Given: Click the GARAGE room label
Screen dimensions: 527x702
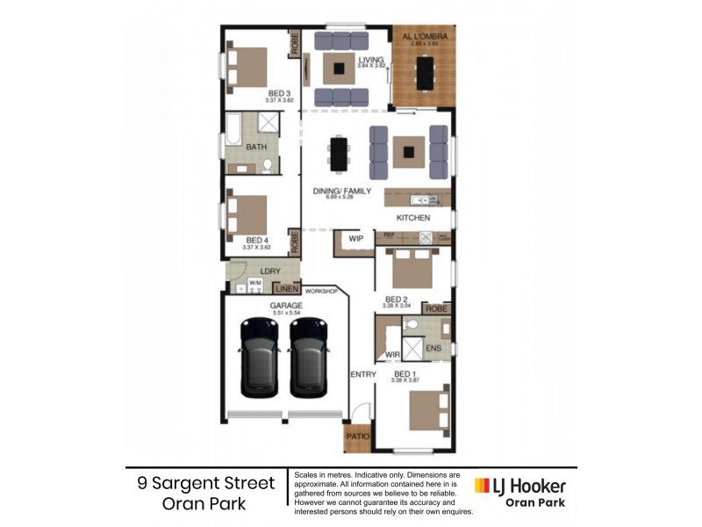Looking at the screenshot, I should point(286,305).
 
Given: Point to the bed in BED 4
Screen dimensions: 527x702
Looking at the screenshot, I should point(248,212).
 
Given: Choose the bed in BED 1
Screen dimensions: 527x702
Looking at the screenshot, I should point(429,408).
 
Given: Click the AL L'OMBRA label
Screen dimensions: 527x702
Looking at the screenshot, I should point(425,36).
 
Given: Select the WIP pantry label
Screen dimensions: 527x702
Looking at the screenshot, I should point(355,238).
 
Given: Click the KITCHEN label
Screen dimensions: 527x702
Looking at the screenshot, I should point(413,217).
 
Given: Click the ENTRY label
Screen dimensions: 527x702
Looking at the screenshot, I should point(362,375).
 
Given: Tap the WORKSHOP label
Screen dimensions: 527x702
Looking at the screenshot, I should point(321,291).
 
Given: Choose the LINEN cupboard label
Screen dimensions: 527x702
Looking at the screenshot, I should point(285,288).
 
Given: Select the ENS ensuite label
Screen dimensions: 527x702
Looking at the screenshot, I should point(433,349).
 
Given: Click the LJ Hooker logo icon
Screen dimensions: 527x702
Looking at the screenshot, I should point(482,486).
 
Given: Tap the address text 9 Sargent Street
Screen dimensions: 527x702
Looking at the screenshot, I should point(206,484).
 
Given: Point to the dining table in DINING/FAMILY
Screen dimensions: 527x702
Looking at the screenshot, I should point(338,155).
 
